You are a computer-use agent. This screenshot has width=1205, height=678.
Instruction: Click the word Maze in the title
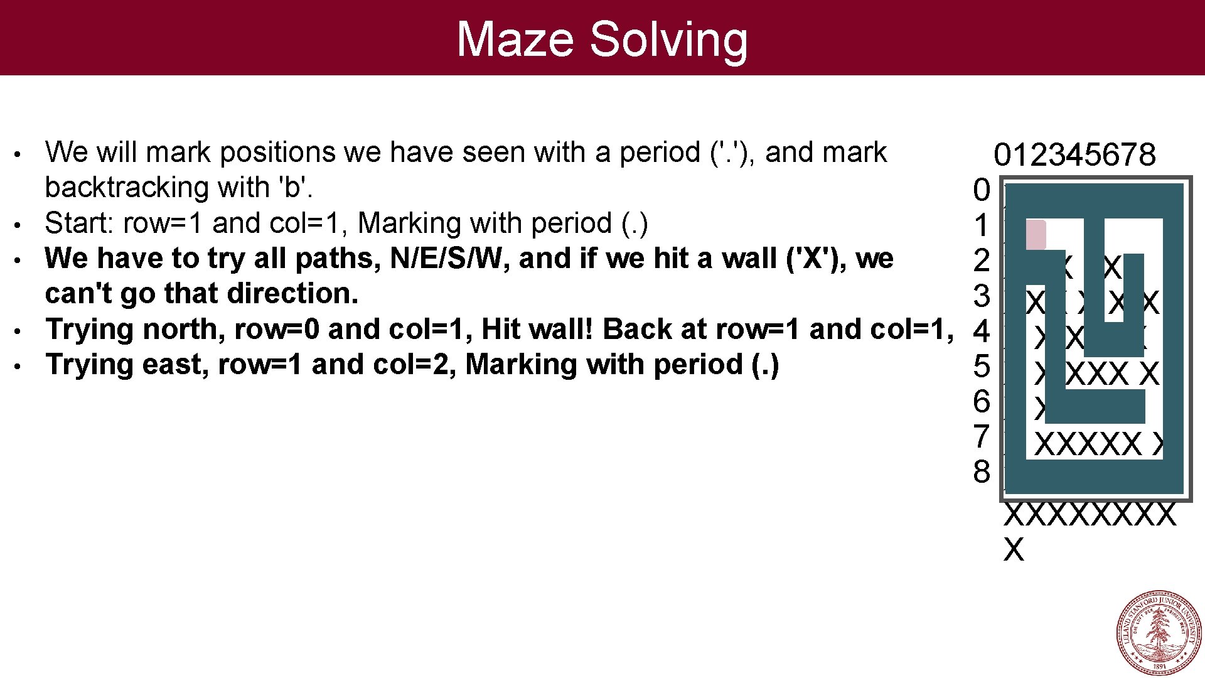[515, 39]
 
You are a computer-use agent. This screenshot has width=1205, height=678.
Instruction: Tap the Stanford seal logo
[1159, 632]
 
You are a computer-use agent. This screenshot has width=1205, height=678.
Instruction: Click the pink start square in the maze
[1036, 235]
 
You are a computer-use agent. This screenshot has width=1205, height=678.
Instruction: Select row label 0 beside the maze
[982, 190]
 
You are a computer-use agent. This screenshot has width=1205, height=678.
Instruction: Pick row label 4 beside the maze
[982, 331]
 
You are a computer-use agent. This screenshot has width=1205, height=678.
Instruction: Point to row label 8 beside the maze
[982, 471]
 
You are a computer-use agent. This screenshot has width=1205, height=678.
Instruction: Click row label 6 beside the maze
[982, 401]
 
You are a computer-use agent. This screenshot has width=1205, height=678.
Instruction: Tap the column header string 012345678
[1074, 154]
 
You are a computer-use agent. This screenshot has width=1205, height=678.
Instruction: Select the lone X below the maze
[1014, 549]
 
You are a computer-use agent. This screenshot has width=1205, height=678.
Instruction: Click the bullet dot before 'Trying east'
[21, 365]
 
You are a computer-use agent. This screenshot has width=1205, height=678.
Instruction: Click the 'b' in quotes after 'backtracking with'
[292, 187]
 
